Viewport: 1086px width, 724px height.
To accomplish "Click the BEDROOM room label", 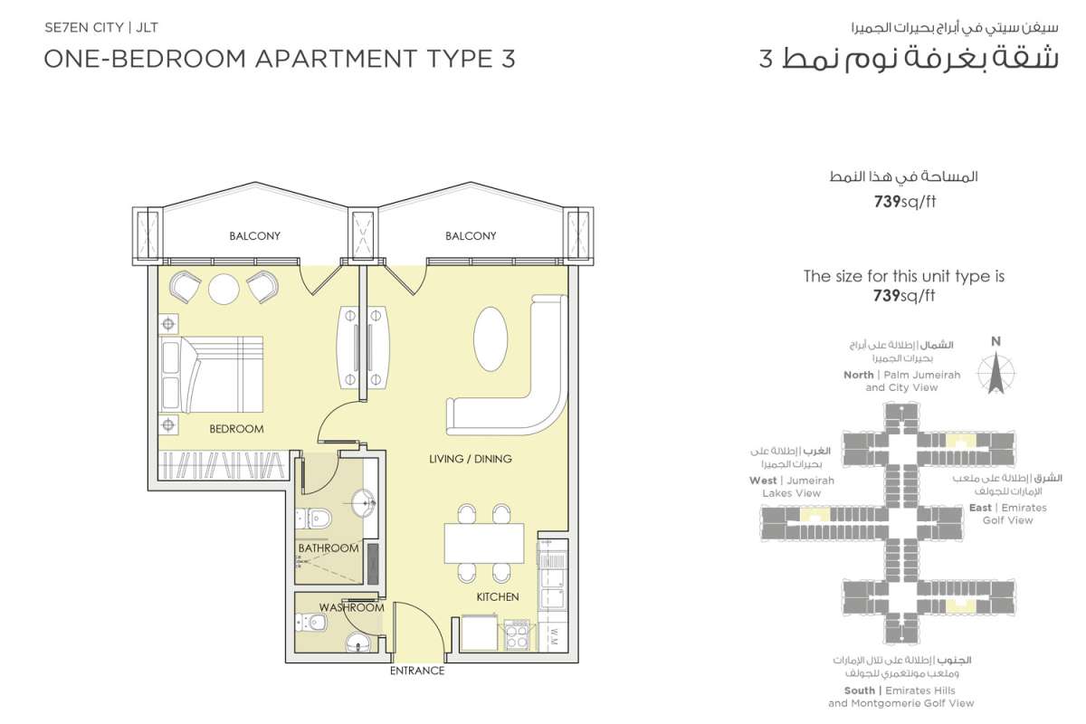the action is pyautogui.click(x=236, y=429).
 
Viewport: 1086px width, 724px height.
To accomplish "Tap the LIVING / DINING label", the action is pyautogui.click(x=471, y=459).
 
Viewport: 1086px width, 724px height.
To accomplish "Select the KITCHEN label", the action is pyautogui.click(x=498, y=597).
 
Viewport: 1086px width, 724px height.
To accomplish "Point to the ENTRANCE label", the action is pyautogui.click(x=417, y=671).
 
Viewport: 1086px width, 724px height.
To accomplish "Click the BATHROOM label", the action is pyautogui.click(x=329, y=548).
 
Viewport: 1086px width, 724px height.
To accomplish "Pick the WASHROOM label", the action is pyautogui.click(x=351, y=607).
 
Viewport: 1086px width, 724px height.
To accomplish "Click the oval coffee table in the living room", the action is pyautogui.click(x=491, y=339).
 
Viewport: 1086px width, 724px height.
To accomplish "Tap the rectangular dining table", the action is pyautogui.click(x=484, y=543).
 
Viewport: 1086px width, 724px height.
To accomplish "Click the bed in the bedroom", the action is pyautogui.click(x=212, y=375).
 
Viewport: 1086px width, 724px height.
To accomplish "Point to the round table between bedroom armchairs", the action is pyautogui.click(x=224, y=290).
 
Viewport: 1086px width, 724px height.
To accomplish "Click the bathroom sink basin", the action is pyautogui.click(x=363, y=503).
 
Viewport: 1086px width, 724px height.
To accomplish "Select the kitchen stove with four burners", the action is pyautogui.click(x=516, y=635).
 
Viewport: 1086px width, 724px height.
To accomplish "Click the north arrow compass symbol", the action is pyautogui.click(x=995, y=374).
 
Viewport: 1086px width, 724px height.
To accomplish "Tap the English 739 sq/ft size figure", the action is pyautogui.click(x=904, y=295).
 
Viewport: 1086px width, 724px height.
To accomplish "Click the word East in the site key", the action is pyautogui.click(x=980, y=508).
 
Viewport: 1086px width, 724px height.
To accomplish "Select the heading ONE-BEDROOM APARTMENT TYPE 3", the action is pyautogui.click(x=280, y=59).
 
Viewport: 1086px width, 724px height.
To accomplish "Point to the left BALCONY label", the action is pyautogui.click(x=254, y=236).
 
